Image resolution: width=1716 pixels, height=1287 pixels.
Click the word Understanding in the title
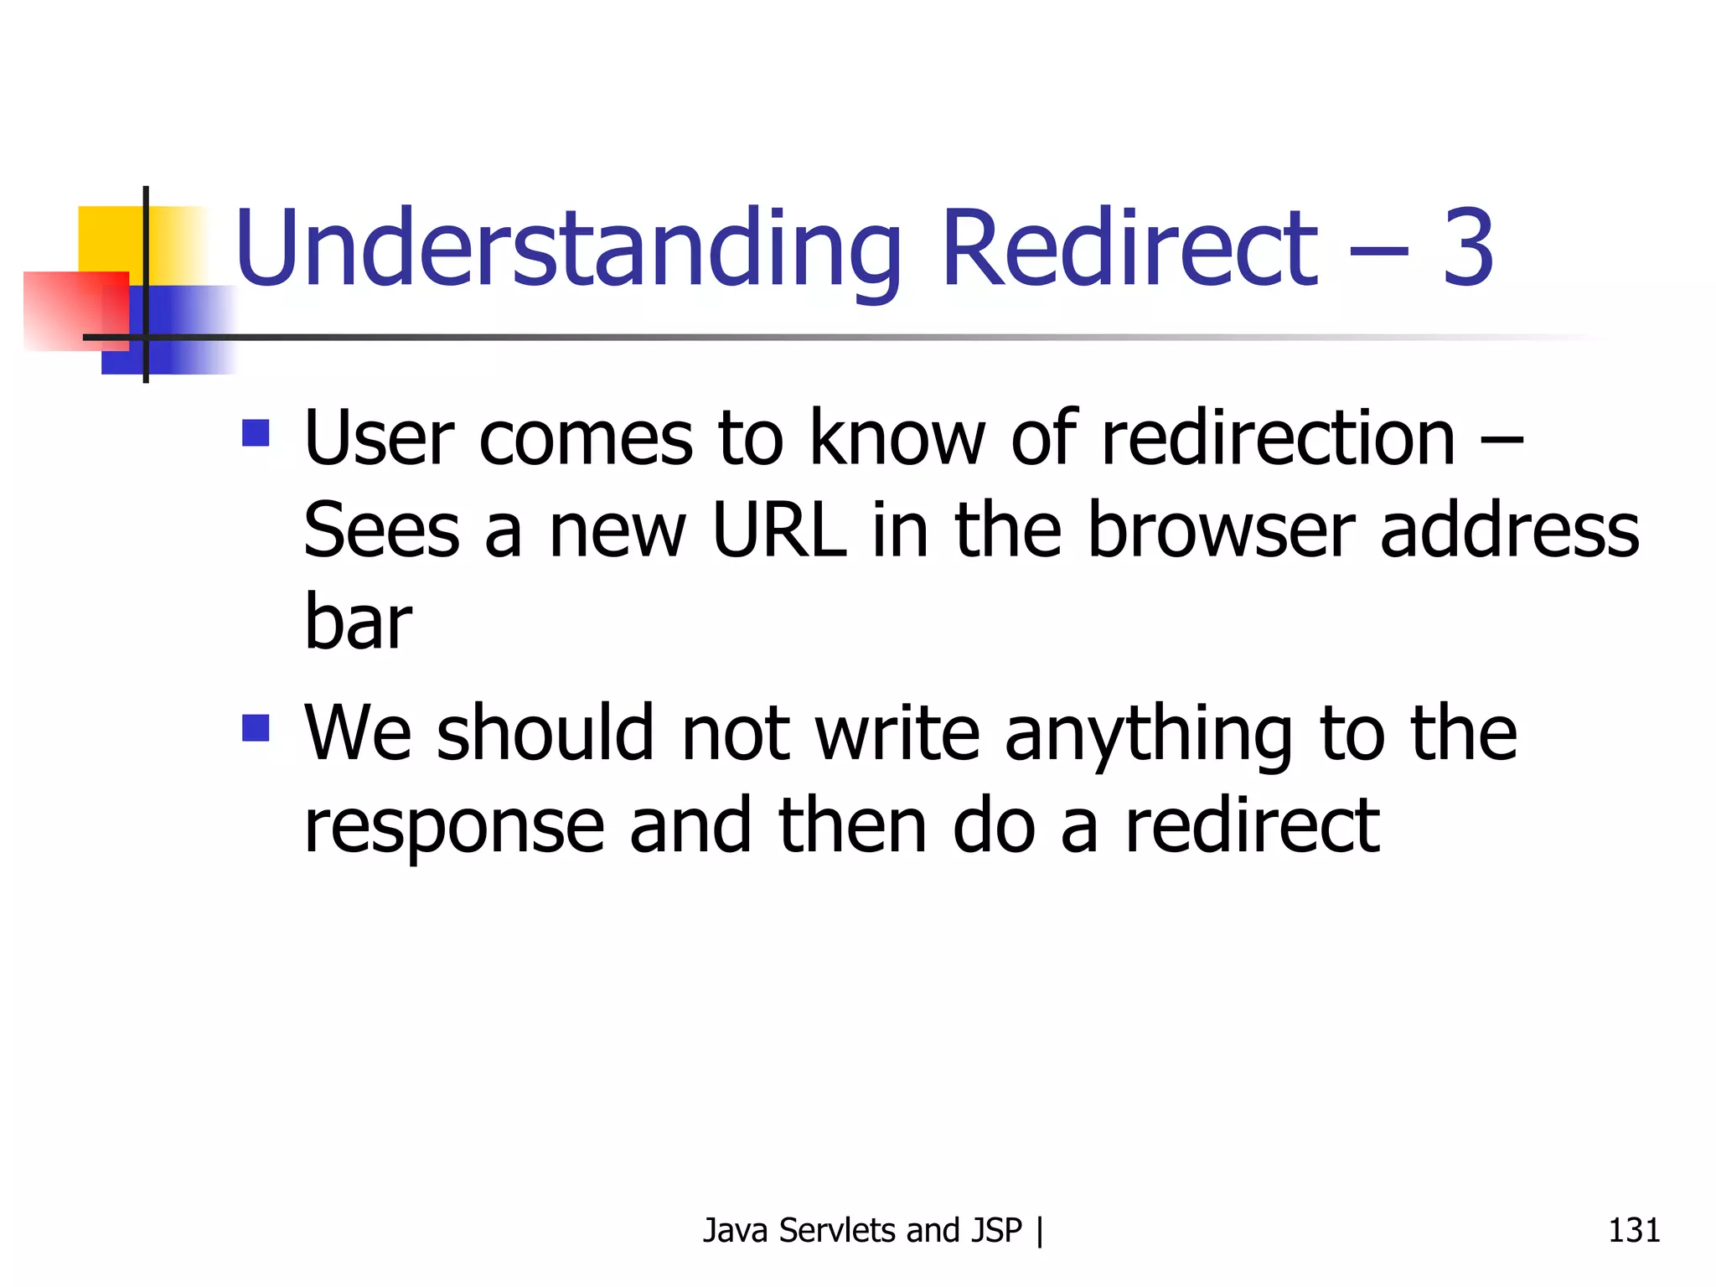point(568,250)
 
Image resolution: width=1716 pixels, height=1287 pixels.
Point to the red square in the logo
point(67,310)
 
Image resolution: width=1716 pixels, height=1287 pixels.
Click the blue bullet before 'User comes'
point(256,433)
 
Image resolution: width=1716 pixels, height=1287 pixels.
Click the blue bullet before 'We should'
point(256,728)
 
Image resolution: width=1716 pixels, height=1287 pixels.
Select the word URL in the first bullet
point(778,530)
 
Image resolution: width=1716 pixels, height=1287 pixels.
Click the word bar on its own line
point(358,623)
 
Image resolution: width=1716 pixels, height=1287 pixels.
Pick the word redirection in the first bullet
point(1278,438)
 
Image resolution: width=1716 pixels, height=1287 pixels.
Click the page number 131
point(1633,1230)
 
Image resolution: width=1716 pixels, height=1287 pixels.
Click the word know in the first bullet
point(897,438)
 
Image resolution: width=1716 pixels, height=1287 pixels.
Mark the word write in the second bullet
point(897,733)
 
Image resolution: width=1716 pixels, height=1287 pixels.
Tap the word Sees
point(381,530)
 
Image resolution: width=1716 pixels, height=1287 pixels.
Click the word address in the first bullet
point(1509,530)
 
